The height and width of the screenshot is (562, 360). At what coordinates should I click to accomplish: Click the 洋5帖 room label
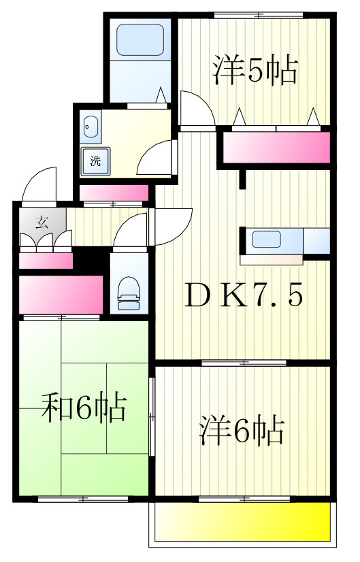pos(255,70)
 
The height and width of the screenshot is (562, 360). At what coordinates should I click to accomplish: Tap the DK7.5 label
pos(244,295)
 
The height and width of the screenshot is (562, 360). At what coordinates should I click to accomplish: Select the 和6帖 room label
pos(84,407)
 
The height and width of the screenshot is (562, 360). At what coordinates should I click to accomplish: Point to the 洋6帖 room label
pos(242,430)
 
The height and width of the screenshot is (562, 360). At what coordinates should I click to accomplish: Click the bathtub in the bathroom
pos(140,39)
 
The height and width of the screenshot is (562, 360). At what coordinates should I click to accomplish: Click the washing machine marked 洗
pos(95,161)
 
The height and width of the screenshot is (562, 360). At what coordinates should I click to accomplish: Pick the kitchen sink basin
pos(266,239)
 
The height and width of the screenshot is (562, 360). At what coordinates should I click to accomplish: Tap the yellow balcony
pos(242,521)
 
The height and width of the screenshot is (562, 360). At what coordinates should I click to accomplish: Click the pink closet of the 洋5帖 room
pos(276,148)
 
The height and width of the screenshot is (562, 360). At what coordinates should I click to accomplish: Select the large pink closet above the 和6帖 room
pos(61,295)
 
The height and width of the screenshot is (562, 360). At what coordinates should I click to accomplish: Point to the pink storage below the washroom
pos(114,193)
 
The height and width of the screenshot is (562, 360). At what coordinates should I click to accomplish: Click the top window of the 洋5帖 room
pos(259,15)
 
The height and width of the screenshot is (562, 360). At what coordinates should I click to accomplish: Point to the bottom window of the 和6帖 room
pos(83,499)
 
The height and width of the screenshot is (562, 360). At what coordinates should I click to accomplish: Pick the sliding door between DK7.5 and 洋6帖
pos(244,363)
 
